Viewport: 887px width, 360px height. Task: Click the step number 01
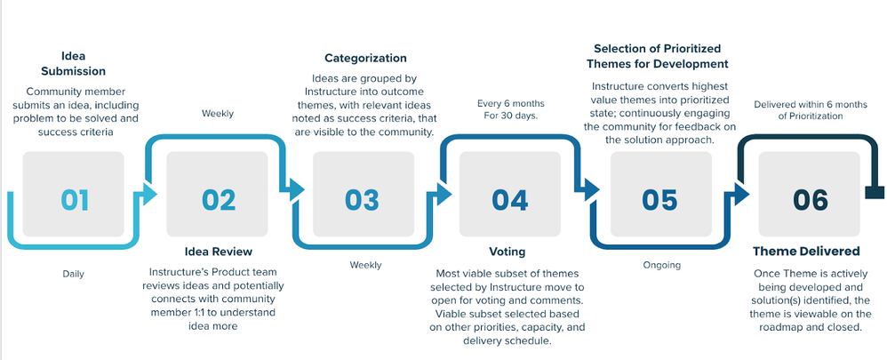pyautogui.click(x=75, y=199)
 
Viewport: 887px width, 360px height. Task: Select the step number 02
pyautogui.click(x=218, y=199)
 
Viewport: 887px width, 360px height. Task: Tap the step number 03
pyautogui.click(x=362, y=199)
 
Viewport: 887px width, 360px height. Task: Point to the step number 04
pyautogui.click(x=509, y=199)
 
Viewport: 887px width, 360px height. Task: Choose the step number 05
pyautogui.click(x=659, y=199)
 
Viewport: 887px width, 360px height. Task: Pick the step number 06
pyautogui.click(x=810, y=199)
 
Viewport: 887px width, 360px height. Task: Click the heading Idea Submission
pyautogui.click(x=71, y=63)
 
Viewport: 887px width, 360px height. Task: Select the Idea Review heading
pyautogui.click(x=218, y=252)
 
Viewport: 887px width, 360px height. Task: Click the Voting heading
pyautogui.click(x=508, y=252)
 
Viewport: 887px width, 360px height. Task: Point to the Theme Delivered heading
pyautogui.click(x=806, y=252)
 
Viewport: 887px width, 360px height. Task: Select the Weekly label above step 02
pyautogui.click(x=218, y=114)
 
